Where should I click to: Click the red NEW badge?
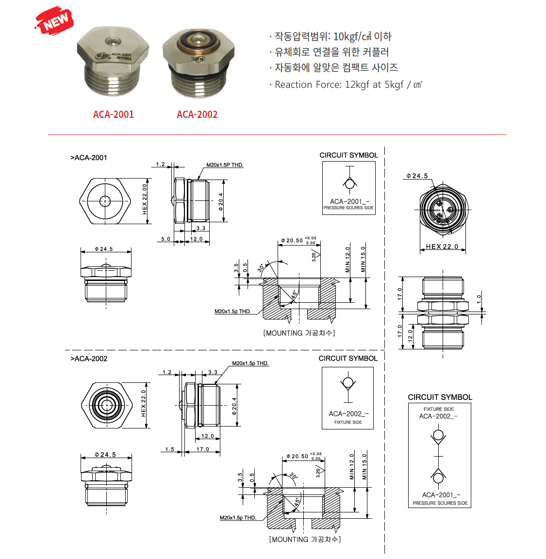pyautogui.click(x=55, y=20)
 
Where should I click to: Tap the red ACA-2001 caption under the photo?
pyautogui.click(x=113, y=115)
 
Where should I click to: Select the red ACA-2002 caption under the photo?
pyautogui.click(x=197, y=115)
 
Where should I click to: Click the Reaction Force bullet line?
pyautogui.click(x=348, y=84)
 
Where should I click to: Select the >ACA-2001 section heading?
pyautogui.click(x=89, y=158)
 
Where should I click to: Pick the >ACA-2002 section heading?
pyautogui.click(x=89, y=359)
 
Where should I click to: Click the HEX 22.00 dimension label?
pyautogui.click(x=145, y=199)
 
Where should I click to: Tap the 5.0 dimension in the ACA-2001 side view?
pyautogui.click(x=165, y=239)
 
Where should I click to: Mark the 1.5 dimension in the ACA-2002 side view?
pyautogui.click(x=169, y=449)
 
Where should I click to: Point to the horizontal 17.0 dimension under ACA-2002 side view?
pyautogui.click(x=203, y=449)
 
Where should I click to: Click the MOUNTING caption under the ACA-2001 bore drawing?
pyautogui.click(x=299, y=333)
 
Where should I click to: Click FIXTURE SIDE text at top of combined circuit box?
pyautogui.click(x=439, y=409)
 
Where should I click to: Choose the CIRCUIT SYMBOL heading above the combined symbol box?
pyautogui.click(x=440, y=397)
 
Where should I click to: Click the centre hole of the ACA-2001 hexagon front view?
pyautogui.click(x=105, y=201)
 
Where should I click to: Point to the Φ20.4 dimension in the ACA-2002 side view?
pyautogui.click(x=234, y=406)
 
